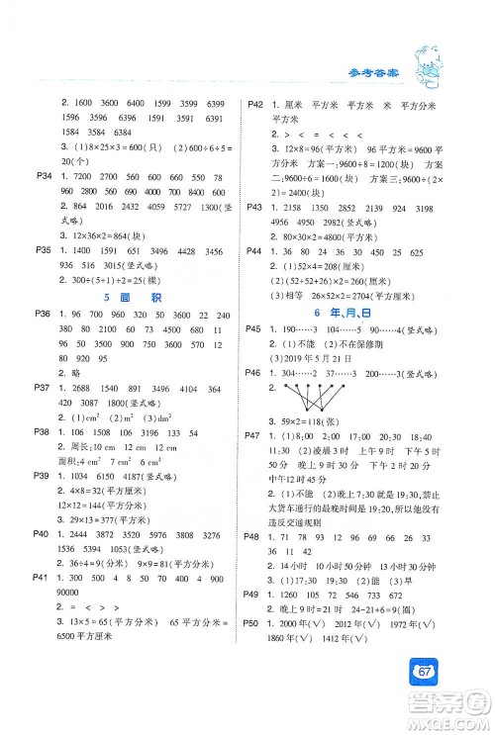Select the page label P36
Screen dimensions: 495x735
click(x=42, y=314)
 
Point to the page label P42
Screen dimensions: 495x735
click(x=254, y=103)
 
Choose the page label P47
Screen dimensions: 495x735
click(x=254, y=463)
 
